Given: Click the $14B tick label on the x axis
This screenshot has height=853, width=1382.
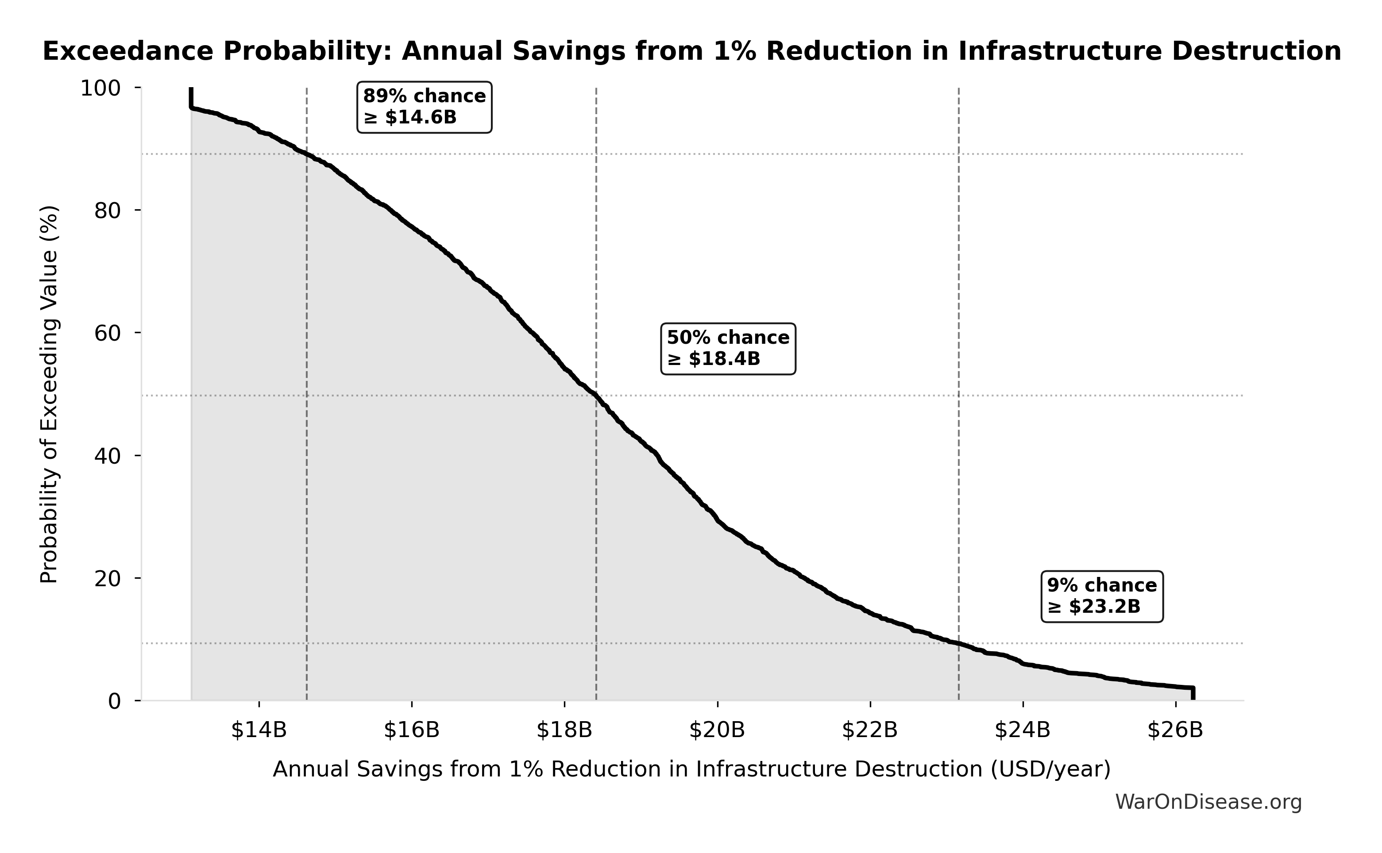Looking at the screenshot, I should point(259,730).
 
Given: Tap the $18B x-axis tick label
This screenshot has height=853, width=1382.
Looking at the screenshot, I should point(564,730).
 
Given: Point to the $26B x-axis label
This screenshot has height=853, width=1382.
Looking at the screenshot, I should point(1175,730).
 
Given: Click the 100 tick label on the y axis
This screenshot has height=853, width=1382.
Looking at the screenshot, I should point(100,88).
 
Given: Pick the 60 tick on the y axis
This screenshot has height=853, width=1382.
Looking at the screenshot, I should point(107,334).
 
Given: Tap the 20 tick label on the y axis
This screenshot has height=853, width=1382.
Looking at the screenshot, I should point(107,579).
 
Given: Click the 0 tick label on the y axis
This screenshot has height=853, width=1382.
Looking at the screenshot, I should point(115,701).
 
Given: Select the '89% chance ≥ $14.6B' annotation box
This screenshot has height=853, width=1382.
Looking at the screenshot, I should point(425,107).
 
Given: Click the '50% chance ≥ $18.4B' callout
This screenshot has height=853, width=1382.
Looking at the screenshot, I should point(728,349).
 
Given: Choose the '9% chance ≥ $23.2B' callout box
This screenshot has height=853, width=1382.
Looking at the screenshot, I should point(1101,596).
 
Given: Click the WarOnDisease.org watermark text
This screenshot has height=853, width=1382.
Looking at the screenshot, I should point(1208,802).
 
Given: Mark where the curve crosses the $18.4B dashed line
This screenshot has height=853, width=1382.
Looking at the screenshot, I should point(596,396).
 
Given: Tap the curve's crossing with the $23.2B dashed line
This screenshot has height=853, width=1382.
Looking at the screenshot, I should point(958,643).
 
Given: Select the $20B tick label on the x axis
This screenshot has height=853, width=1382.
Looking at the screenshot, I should point(717,730).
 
